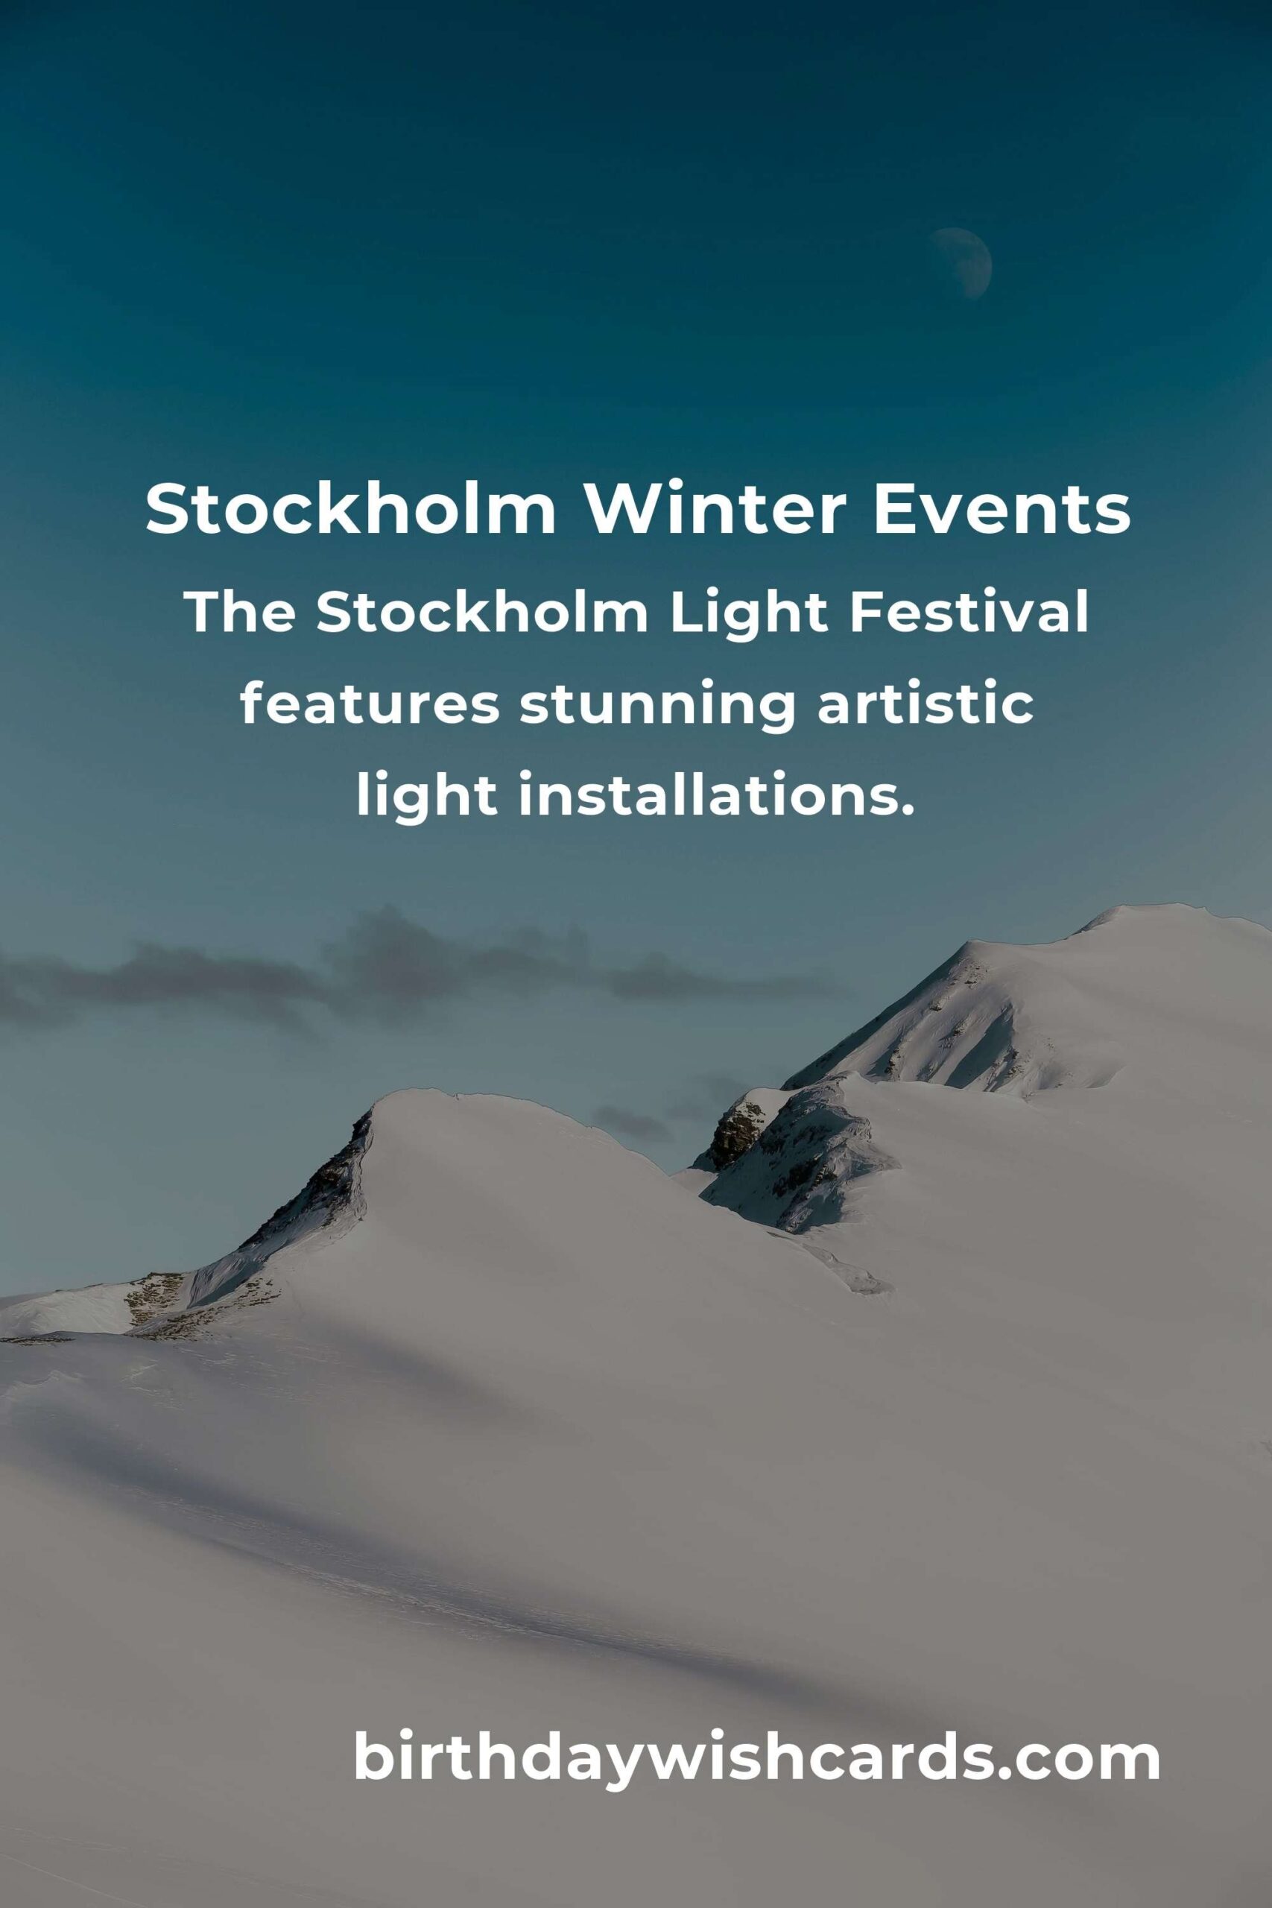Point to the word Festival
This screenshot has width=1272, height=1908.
968,613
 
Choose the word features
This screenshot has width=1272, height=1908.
369,705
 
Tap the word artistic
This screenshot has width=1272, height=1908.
925,705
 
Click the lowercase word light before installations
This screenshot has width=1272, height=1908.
427,798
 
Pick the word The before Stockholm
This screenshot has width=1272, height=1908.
241,613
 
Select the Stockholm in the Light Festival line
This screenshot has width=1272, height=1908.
482,613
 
